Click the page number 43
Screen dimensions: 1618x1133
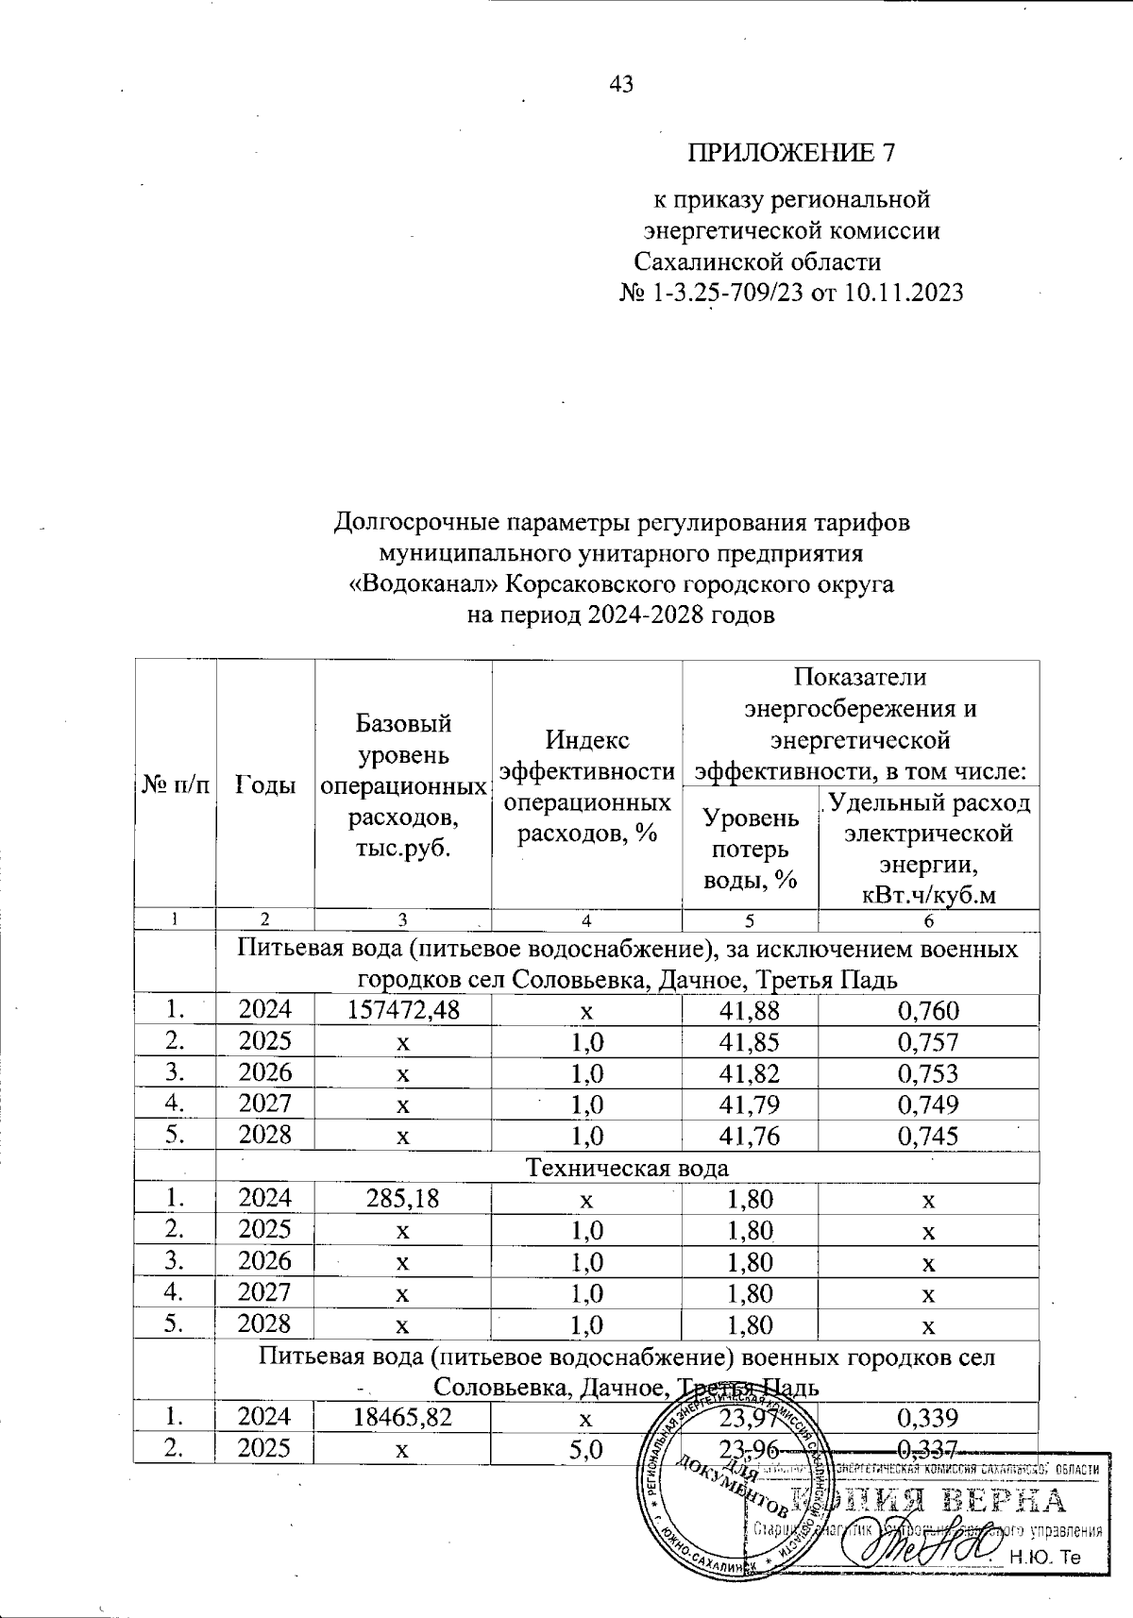pos(621,84)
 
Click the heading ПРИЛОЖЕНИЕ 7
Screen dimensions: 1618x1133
pos(790,152)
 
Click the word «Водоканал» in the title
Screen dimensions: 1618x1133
pos(424,584)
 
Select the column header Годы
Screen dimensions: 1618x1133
pos(264,784)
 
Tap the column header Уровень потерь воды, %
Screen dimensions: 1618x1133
pos(751,847)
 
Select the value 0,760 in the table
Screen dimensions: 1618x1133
pos(929,1011)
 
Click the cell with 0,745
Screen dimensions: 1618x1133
pos(929,1135)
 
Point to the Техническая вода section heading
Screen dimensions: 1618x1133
pos(627,1167)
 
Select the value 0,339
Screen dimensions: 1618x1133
pos(929,1417)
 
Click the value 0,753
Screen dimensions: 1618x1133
pos(929,1072)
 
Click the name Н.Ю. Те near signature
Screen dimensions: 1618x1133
pos(1044,1558)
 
